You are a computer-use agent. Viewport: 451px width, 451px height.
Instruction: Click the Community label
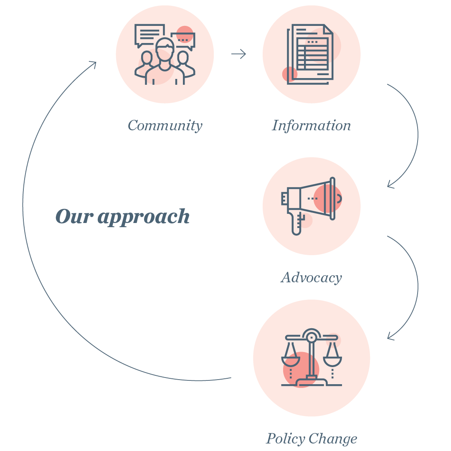(x=165, y=125)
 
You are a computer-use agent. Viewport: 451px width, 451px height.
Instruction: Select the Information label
(x=311, y=125)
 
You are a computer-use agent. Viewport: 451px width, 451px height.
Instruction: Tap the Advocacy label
(x=312, y=277)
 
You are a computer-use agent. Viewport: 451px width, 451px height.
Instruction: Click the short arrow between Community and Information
(x=239, y=54)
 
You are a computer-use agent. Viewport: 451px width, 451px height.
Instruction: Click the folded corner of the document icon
(x=328, y=29)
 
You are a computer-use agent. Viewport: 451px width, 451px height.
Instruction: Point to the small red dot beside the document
(x=289, y=74)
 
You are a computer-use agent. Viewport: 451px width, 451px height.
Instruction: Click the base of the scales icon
(x=311, y=382)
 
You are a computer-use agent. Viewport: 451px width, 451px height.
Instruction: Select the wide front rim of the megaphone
(x=332, y=198)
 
